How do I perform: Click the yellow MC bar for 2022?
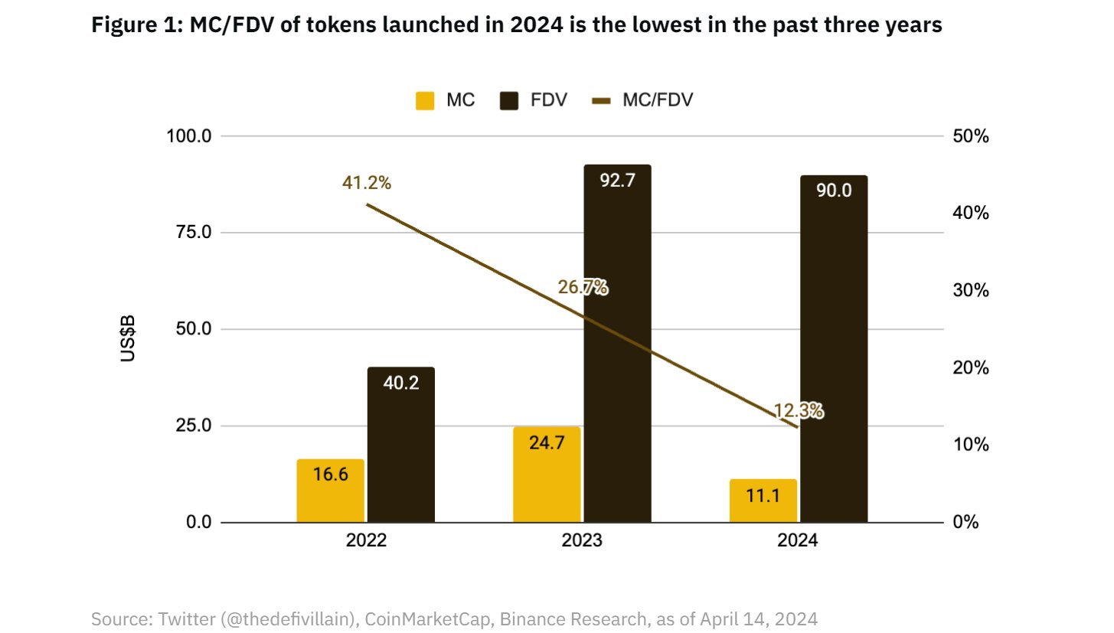[330, 491]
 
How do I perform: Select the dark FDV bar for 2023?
[617, 344]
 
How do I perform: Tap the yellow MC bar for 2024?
[763, 501]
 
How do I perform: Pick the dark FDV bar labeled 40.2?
[400, 445]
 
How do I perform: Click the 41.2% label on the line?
[367, 183]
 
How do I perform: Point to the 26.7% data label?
[583, 288]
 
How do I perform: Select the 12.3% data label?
[799, 411]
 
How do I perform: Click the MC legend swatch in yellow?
[425, 100]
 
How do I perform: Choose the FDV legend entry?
[531, 100]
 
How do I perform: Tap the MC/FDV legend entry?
[642, 100]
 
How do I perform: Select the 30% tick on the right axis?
[972, 290]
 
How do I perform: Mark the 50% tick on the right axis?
[972, 136]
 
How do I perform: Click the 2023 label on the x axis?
[582, 540]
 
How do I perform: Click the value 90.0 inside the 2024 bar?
[833, 191]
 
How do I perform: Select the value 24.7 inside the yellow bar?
[547, 442]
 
